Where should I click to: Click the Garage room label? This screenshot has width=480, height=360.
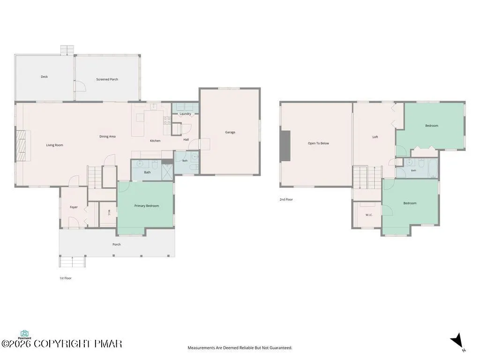230,132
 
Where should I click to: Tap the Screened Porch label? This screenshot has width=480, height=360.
107,79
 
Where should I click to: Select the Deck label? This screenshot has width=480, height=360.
45,77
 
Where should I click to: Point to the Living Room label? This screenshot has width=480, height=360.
54,145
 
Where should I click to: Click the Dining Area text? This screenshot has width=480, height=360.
107,136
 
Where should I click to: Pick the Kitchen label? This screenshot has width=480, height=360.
155,141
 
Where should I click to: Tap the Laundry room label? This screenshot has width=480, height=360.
185,114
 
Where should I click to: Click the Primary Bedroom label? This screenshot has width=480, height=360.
147,206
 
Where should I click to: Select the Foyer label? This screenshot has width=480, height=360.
74,207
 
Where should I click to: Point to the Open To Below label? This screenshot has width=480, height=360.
318,143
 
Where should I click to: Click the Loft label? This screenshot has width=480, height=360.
375,137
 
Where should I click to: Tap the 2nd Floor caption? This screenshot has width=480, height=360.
286,200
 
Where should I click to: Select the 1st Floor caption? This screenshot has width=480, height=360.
66,278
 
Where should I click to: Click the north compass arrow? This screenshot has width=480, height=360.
457,341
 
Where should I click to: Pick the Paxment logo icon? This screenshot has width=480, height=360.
24,333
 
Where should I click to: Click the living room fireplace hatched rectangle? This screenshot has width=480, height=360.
23,146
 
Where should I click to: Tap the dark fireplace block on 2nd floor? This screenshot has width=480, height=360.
285,145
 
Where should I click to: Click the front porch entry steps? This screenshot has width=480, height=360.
72,262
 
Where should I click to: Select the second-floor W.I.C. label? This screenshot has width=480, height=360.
369,215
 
